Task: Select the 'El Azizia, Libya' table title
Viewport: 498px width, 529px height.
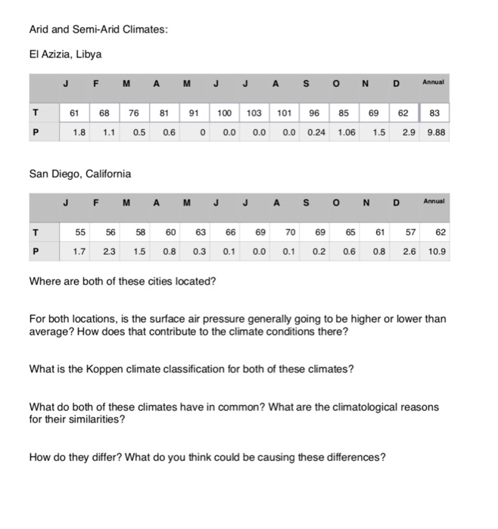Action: click(65, 54)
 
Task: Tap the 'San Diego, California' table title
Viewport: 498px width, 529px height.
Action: click(79, 174)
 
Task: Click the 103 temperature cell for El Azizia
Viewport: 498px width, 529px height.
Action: click(254, 113)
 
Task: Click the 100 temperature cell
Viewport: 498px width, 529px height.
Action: click(224, 113)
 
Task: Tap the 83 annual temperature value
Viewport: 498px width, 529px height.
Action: click(435, 113)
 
